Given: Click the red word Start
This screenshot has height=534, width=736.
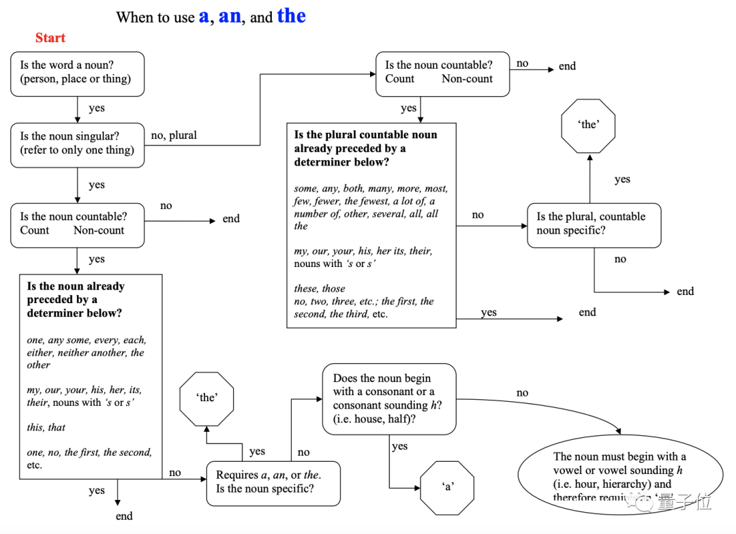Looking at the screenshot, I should point(50,37).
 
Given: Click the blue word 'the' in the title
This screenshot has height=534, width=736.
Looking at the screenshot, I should point(291,16).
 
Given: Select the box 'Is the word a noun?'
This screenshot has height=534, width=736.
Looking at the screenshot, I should point(78,73).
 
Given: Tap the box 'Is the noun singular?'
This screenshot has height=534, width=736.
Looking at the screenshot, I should point(78,144).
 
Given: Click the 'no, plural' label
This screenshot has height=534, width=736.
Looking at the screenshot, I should point(174,136).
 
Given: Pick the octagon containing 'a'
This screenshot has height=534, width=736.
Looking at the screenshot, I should point(447,487).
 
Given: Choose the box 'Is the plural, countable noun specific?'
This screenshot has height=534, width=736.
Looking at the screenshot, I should point(594,224).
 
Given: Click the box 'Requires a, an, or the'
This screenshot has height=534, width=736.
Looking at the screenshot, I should point(273,483).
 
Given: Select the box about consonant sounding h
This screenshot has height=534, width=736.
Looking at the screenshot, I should point(388,398).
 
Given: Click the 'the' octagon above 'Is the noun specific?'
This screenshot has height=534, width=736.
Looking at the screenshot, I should point(206,398).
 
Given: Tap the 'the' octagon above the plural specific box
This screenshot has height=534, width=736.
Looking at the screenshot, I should point(588,125).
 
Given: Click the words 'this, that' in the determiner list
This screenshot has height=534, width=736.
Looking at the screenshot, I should point(46,428).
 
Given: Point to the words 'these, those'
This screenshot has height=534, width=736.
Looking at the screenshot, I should point(320,289).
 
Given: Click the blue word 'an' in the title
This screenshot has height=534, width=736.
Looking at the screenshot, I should point(230,16).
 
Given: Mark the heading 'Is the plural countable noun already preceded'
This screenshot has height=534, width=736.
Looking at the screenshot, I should point(365,148).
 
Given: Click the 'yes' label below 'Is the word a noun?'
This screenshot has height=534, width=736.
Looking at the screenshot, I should point(97,108).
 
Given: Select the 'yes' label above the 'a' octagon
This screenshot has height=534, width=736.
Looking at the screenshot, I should point(400,447).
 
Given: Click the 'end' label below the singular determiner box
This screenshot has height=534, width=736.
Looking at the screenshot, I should point(124,516).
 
